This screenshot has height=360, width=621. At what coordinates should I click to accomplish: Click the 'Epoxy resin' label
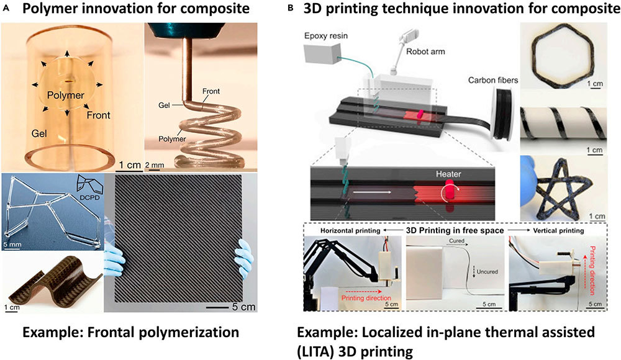click(326, 36)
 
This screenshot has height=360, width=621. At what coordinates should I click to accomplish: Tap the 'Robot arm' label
click(425, 52)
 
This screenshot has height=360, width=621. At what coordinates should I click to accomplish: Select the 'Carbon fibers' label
click(493, 81)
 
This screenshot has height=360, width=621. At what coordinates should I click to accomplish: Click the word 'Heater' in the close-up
click(448, 174)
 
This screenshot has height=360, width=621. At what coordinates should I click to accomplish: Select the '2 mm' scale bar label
click(155, 165)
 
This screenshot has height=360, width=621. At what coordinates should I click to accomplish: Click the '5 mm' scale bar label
click(12, 245)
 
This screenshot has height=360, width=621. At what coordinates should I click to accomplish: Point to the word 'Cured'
click(456, 240)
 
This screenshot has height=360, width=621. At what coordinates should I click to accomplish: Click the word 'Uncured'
click(487, 272)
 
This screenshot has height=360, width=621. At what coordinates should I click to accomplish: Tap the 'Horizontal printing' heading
click(350, 231)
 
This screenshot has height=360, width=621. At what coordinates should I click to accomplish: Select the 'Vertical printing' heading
click(558, 230)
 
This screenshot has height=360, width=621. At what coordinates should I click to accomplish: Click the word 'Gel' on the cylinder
click(39, 134)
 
